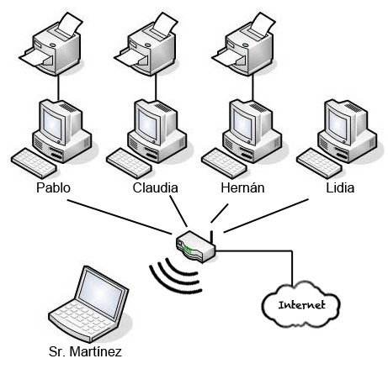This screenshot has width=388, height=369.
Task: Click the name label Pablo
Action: pyautogui.click(x=53, y=187)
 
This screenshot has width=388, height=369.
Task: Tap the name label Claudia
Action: pyautogui.click(x=155, y=187)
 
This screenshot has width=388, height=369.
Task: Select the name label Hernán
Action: pyautogui.click(x=242, y=187)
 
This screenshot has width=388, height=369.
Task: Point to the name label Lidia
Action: pyautogui.click(x=340, y=187)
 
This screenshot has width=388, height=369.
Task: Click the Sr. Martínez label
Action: pyautogui.click(x=85, y=351)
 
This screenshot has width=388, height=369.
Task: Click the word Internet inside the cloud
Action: pyautogui.click(x=301, y=305)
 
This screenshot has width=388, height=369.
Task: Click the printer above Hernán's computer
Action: pyautogui.click(x=244, y=45)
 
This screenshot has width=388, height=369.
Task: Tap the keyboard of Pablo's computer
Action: pyautogui.click(x=34, y=163)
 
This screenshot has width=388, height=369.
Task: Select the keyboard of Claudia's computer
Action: pyautogui.click(x=129, y=163)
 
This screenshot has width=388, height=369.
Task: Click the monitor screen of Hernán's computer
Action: pyautogui.click(x=243, y=124)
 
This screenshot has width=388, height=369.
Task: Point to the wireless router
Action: pyautogui.click(x=196, y=246)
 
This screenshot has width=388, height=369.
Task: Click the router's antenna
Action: pyautogui.click(x=212, y=238)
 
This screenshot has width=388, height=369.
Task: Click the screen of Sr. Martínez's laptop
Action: pyautogui.click(x=100, y=293)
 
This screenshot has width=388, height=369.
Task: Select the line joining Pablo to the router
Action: pyautogui.click(x=120, y=217)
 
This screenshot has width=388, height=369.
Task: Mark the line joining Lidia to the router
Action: pyautogui.click(x=266, y=216)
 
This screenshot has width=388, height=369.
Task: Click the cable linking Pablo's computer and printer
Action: pyautogui.click(x=58, y=87)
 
